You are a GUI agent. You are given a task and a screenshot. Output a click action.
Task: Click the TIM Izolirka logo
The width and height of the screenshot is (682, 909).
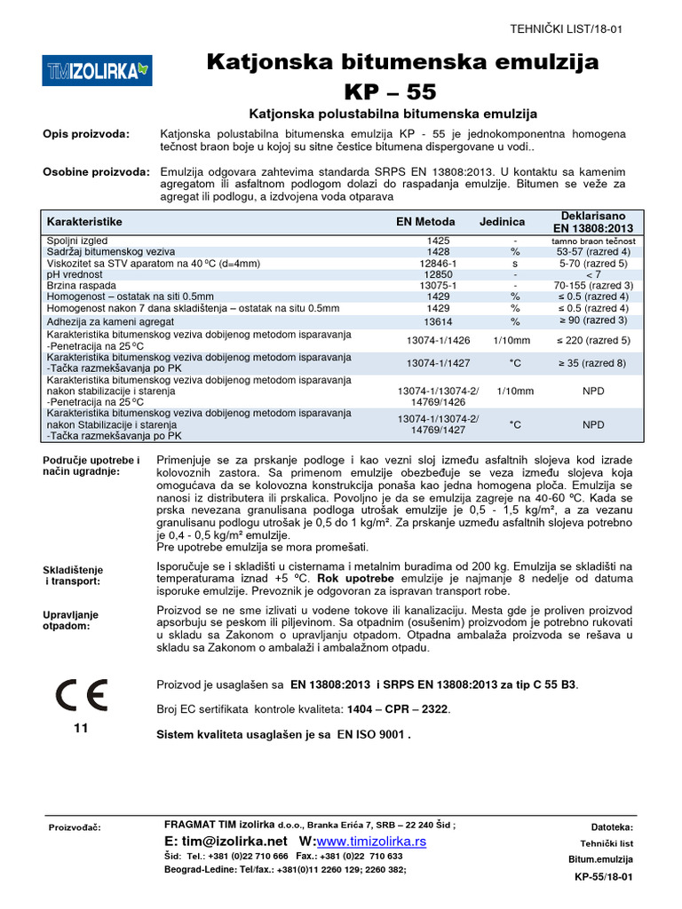tap(98, 68)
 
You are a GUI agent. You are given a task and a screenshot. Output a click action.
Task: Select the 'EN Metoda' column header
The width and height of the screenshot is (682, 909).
tap(425, 221)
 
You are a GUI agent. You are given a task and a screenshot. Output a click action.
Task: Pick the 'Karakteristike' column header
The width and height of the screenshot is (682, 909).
tap(84, 221)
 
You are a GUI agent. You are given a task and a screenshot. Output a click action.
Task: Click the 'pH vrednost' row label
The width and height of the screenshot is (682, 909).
tap(76, 274)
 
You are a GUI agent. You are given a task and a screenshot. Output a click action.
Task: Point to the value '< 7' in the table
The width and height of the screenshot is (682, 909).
tap(593, 274)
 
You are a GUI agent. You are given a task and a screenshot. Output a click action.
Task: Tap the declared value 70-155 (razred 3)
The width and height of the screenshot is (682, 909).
tap(593, 286)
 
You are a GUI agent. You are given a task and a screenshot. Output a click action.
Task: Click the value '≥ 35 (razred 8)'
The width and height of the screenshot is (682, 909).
tap(593, 363)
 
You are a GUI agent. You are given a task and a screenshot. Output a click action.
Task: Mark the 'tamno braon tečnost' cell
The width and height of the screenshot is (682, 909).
tap(593, 241)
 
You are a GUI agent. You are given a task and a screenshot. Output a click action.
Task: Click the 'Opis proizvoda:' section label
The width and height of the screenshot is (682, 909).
tap(86, 134)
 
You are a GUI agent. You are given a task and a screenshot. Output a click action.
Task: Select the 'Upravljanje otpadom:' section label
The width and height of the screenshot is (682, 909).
tap(71, 620)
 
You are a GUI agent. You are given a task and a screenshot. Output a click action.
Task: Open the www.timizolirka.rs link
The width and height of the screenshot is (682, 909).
tap(371, 841)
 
